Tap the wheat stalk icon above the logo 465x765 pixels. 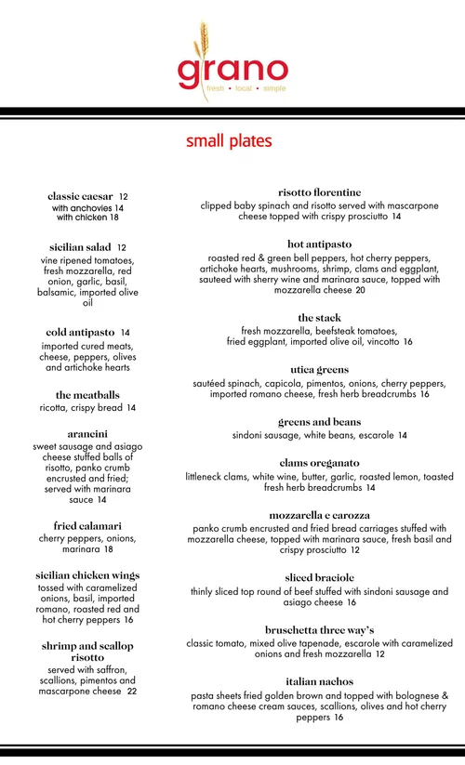[203, 42]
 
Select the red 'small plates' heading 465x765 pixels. [229, 141]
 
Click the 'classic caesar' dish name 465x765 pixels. [80, 196]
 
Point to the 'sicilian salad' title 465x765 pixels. [81, 247]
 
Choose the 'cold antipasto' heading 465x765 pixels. [80, 332]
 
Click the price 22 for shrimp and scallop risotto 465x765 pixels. [132, 692]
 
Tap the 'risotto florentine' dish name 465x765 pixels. [319, 192]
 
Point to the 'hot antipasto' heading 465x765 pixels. [319, 244]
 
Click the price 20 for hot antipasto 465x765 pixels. [360, 290]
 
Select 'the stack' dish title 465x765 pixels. [319, 318]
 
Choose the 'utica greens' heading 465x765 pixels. [319, 369]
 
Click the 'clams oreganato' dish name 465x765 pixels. [319, 462]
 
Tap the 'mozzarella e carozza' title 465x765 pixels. [319, 515]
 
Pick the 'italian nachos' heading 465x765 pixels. [319, 681]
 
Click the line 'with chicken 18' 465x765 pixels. [87, 218]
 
